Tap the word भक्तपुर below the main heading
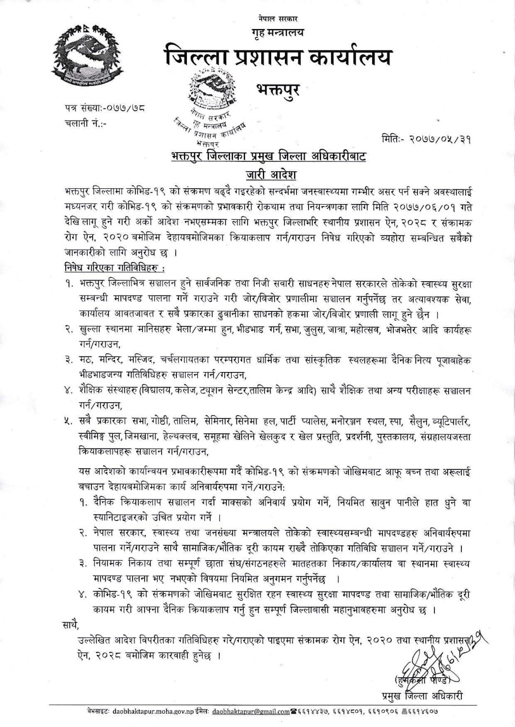pos(278,88)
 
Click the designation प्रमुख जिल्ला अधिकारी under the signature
pos(422,695)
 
